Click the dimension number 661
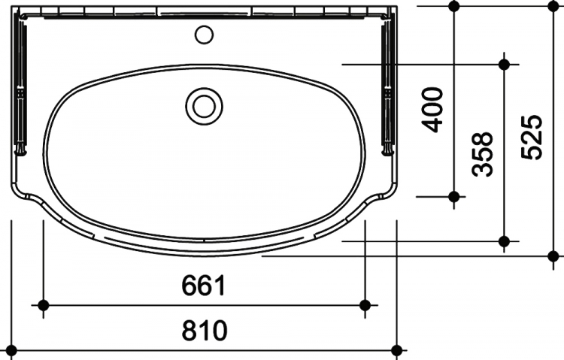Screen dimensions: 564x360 [204, 285]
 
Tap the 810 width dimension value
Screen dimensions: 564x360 [205, 331]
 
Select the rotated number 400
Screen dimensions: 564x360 [432, 110]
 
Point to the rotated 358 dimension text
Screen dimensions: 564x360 [482, 154]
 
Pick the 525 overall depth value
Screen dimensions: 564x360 [531, 137]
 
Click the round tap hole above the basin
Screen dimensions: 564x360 [204, 35]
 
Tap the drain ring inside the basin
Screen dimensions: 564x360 [204, 107]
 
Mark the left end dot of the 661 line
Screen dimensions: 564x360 [43, 305]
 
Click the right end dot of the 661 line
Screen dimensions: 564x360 [365, 305]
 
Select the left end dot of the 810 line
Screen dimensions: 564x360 [11, 350]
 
